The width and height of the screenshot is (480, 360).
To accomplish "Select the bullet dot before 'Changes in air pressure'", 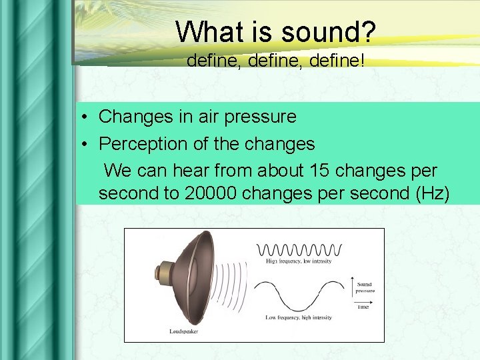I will (x=87, y=117).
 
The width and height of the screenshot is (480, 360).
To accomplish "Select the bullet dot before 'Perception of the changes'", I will (x=87, y=144).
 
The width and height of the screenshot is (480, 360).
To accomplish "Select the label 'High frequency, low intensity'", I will (x=299, y=261).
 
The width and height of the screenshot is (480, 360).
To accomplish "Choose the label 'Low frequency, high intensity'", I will (x=298, y=317).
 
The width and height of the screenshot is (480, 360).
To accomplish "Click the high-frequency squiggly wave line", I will (x=299, y=249).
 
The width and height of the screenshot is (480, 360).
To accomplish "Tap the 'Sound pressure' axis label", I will (x=365, y=287).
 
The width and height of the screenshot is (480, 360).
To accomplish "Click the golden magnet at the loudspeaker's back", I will (x=161, y=273).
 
